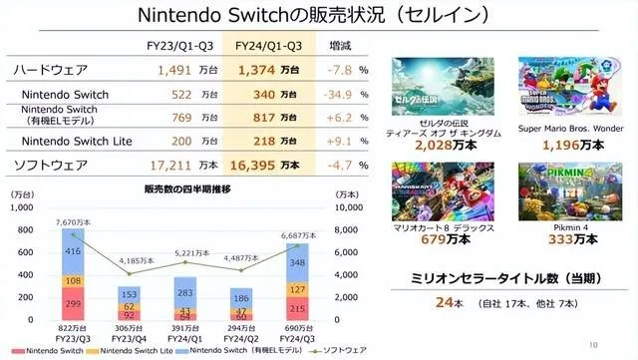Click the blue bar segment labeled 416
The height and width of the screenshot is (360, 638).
73,252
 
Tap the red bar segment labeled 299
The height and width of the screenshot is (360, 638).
73,303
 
